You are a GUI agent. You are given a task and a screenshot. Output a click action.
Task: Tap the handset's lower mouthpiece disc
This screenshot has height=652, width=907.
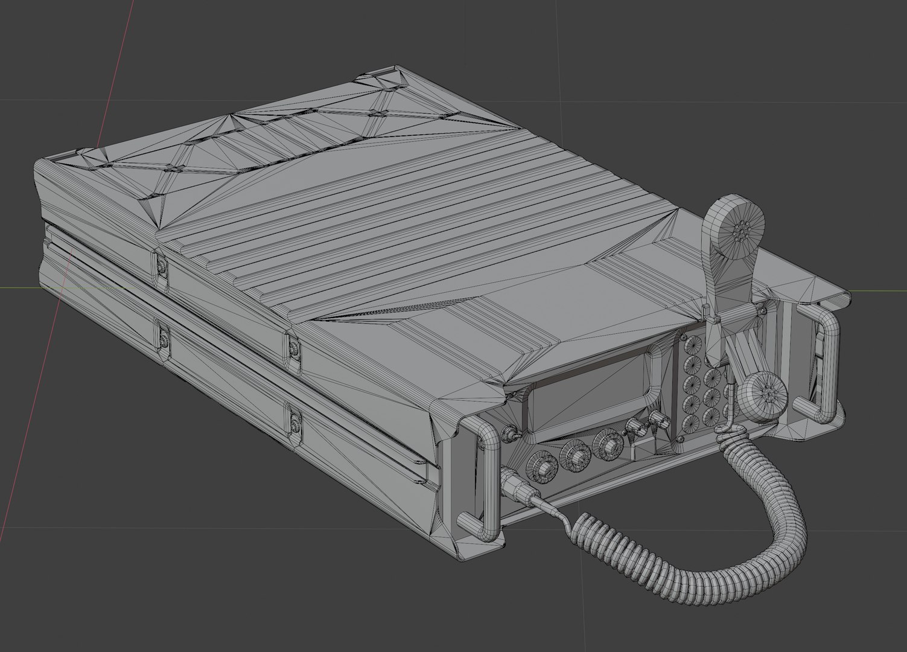pyautogui.click(x=765, y=394)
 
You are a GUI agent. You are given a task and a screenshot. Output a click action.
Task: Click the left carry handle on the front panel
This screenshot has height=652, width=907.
pyautogui.click(x=483, y=477)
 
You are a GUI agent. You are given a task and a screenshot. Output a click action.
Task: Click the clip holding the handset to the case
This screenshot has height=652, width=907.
pyautogui.click(x=714, y=314)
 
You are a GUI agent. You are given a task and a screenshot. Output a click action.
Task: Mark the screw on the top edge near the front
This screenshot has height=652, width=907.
pyautogui.click(x=294, y=348)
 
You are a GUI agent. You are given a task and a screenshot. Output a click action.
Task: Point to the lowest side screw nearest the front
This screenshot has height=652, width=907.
pyautogui.click(x=296, y=421)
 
